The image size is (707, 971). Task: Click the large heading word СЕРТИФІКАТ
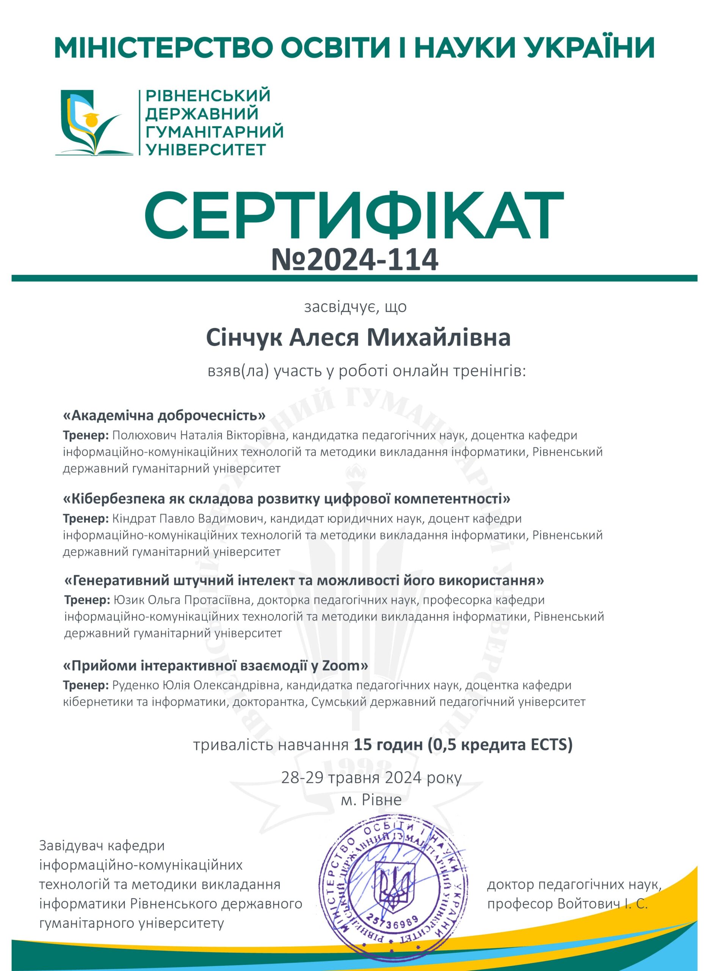(353, 217)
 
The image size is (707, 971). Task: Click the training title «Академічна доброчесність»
(165, 415)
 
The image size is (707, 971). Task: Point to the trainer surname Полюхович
(144, 435)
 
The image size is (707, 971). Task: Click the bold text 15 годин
(388, 745)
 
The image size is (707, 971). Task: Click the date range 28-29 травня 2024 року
(371, 778)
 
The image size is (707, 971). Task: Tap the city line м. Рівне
(371, 800)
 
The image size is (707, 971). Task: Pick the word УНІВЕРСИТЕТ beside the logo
(206, 149)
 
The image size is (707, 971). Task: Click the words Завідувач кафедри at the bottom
(102, 845)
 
